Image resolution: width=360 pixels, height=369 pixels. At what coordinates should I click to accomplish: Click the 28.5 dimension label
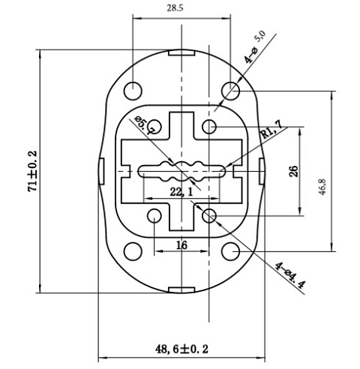point(175,8)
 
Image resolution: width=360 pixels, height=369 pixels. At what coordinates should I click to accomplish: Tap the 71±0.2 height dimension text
point(33,171)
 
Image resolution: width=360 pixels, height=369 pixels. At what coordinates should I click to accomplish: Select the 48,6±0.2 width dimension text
point(181,349)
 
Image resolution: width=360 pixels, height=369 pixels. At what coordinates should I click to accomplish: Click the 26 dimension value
point(294,171)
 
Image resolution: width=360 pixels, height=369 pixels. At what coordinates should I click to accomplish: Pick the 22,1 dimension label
point(181,192)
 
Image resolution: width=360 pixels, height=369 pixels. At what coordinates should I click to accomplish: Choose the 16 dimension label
point(181,245)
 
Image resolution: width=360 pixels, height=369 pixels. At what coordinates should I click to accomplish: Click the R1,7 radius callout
point(271,130)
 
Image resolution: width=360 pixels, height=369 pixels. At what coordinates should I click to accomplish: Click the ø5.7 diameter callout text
point(145,124)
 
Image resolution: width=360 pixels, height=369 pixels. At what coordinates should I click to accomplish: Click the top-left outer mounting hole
point(133,91)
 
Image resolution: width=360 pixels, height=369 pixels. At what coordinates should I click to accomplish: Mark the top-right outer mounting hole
point(230,91)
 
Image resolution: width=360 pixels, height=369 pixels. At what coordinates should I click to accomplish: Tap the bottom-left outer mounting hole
point(133,251)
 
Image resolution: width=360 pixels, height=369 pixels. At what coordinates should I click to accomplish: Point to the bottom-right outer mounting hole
point(230,251)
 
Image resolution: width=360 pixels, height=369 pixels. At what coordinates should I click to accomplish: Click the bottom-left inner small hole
point(154,216)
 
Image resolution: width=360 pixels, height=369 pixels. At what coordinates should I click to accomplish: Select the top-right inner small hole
point(209,127)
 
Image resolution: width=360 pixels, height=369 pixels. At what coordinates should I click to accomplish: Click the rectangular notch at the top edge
point(181,52)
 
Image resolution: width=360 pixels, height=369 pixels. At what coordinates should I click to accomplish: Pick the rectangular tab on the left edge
point(101,171)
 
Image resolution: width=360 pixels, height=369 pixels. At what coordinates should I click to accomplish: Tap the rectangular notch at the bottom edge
point(181,290)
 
